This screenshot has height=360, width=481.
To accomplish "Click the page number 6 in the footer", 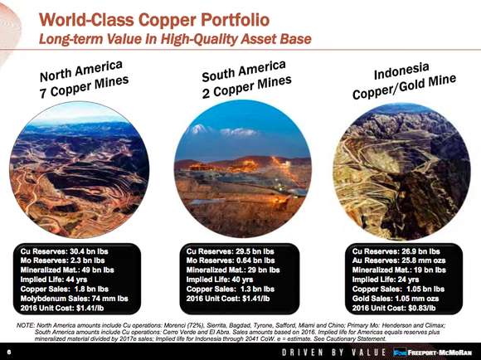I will point(8,352).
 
